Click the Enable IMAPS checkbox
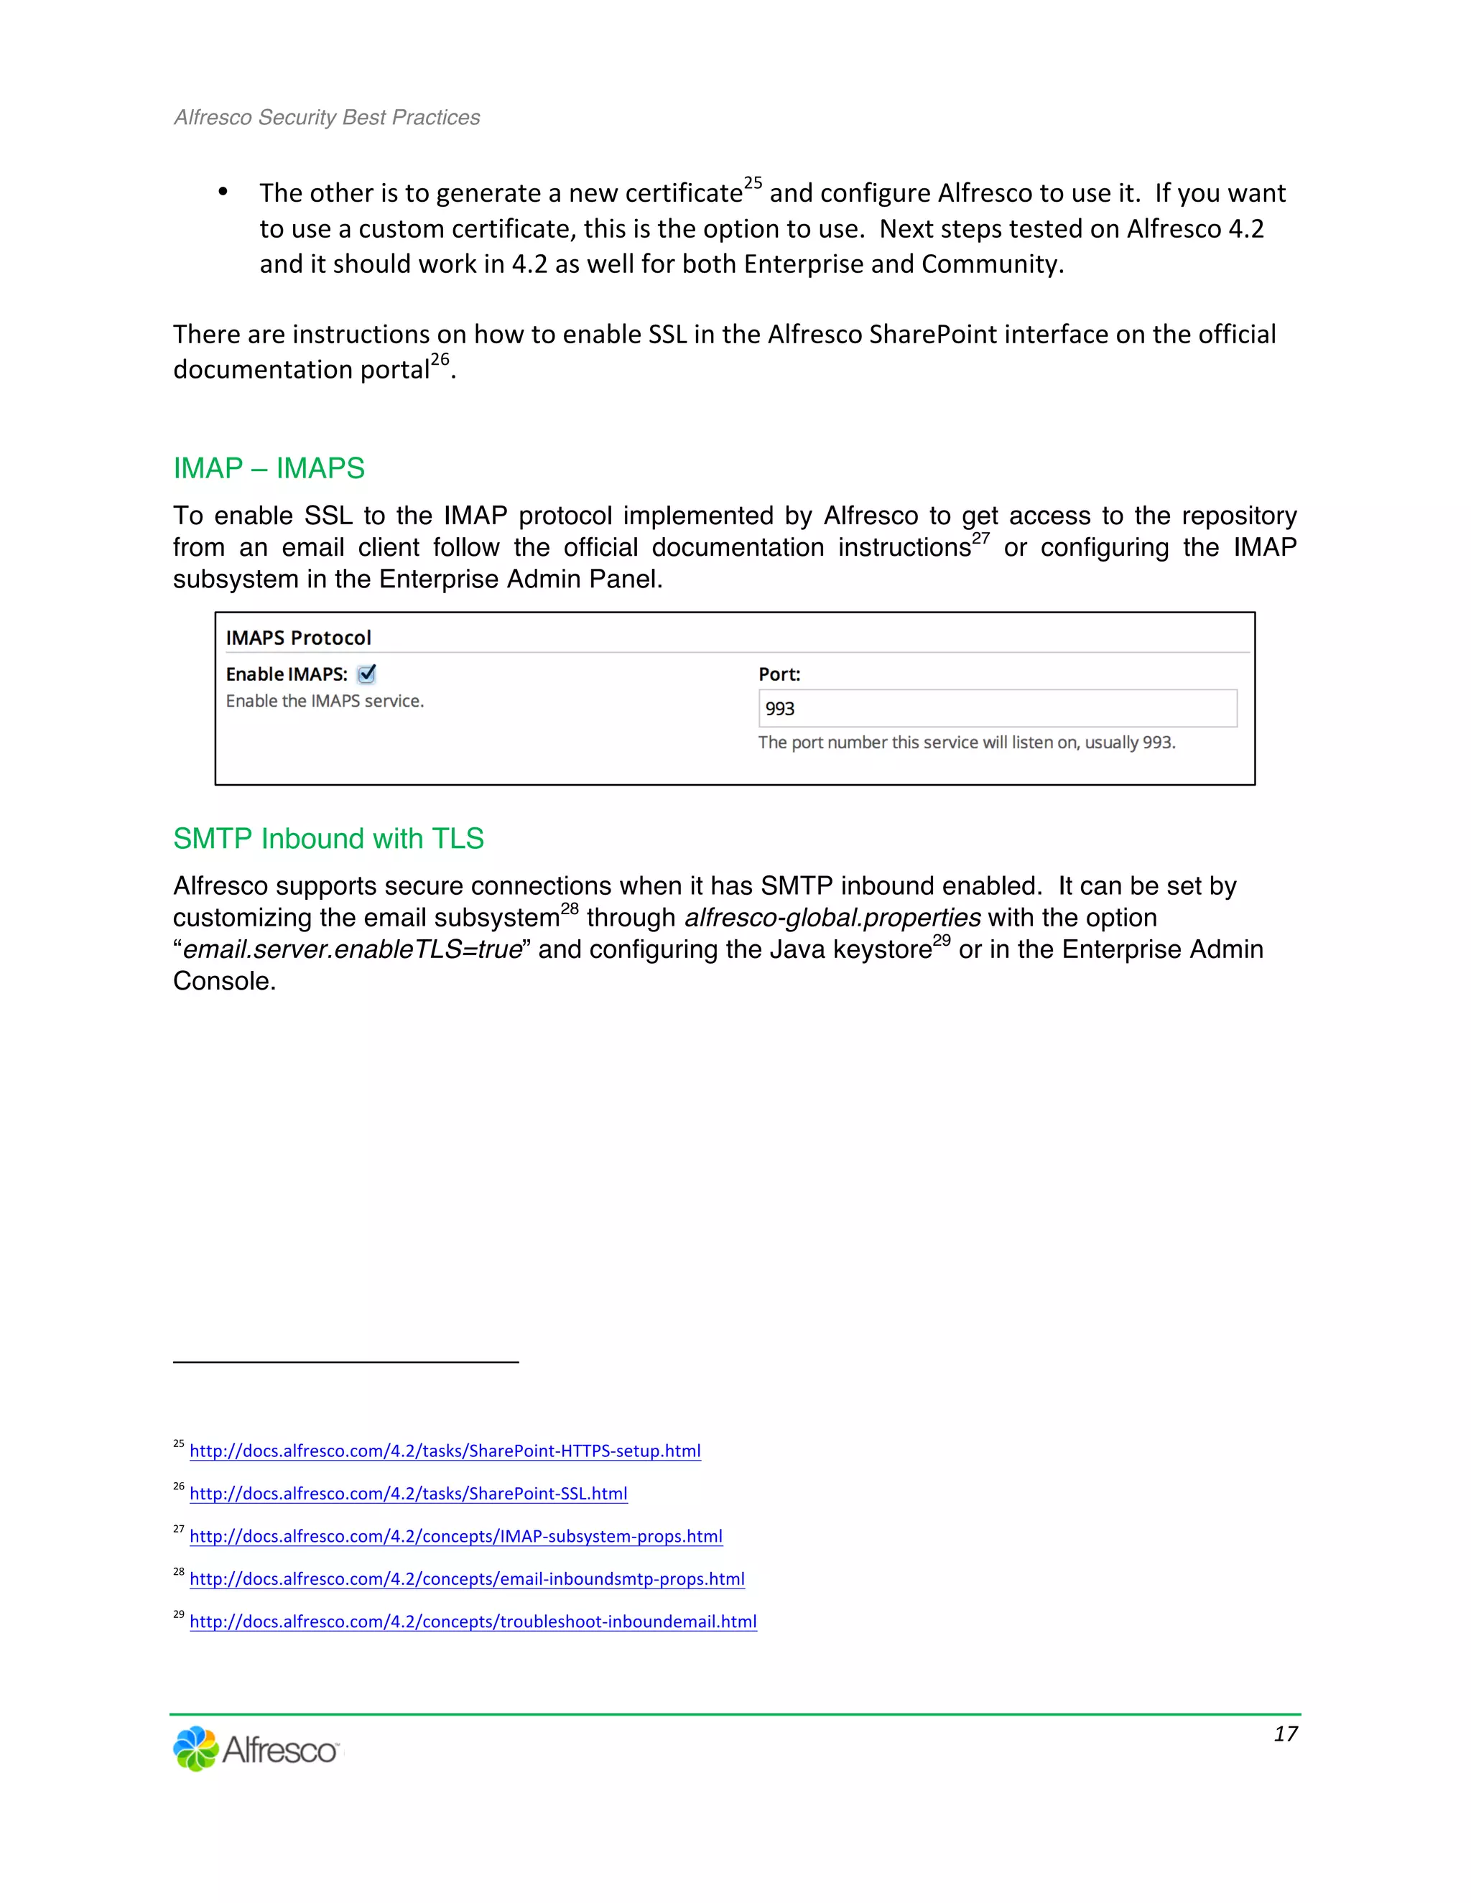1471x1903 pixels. pyautogui.click(x=367, y=674)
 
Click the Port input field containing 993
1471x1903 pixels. pyautogui.click(x=997, y=708)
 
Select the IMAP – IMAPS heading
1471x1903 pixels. pyautogui.click(x=269, y=469)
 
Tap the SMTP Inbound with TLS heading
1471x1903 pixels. pyautogui.click(x=328, y=838)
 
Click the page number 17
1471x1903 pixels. pyautogui.click(x=1286, y=1734)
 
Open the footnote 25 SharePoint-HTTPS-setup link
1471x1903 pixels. pyautogui.click(x=445, y=1451)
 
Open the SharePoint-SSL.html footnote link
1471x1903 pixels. pyautogui.click(x=408, y=1494)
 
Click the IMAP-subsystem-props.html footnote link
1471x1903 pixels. pyautogui.click(x=456, y=1536)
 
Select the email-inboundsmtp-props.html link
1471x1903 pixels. pyautogui.click(x=467, y=1579)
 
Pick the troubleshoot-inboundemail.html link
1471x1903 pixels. pyautogui.click(x=473, y=1621)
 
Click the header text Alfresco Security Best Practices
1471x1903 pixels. pyautogui.click(x=327, y=118)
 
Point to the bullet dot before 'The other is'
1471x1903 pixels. pyautogui.click(x=223, y=192)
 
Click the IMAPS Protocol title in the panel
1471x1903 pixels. pyautogui.click(x=298, y=638)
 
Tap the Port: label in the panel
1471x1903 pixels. pyautogui.click(x=779, y=674)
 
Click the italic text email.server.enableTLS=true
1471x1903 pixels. pyautogui.click(x=352, y=950)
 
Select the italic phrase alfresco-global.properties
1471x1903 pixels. pyautogui.click(x=832, y=918)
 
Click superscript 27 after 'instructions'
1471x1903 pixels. pyautogui.click(x=980, y=539)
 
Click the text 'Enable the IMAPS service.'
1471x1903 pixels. pyautogui.click(x=324, y=702)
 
